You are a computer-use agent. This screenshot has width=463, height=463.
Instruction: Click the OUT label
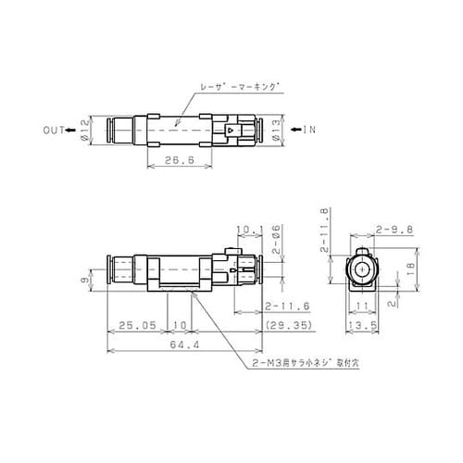pyautogui.click(x=52, y=131)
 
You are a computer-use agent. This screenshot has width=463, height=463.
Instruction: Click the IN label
pyautogui.click(x=313, y=131)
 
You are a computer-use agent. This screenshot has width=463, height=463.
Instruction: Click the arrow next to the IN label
pyautogui.click(x=296, y=131)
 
